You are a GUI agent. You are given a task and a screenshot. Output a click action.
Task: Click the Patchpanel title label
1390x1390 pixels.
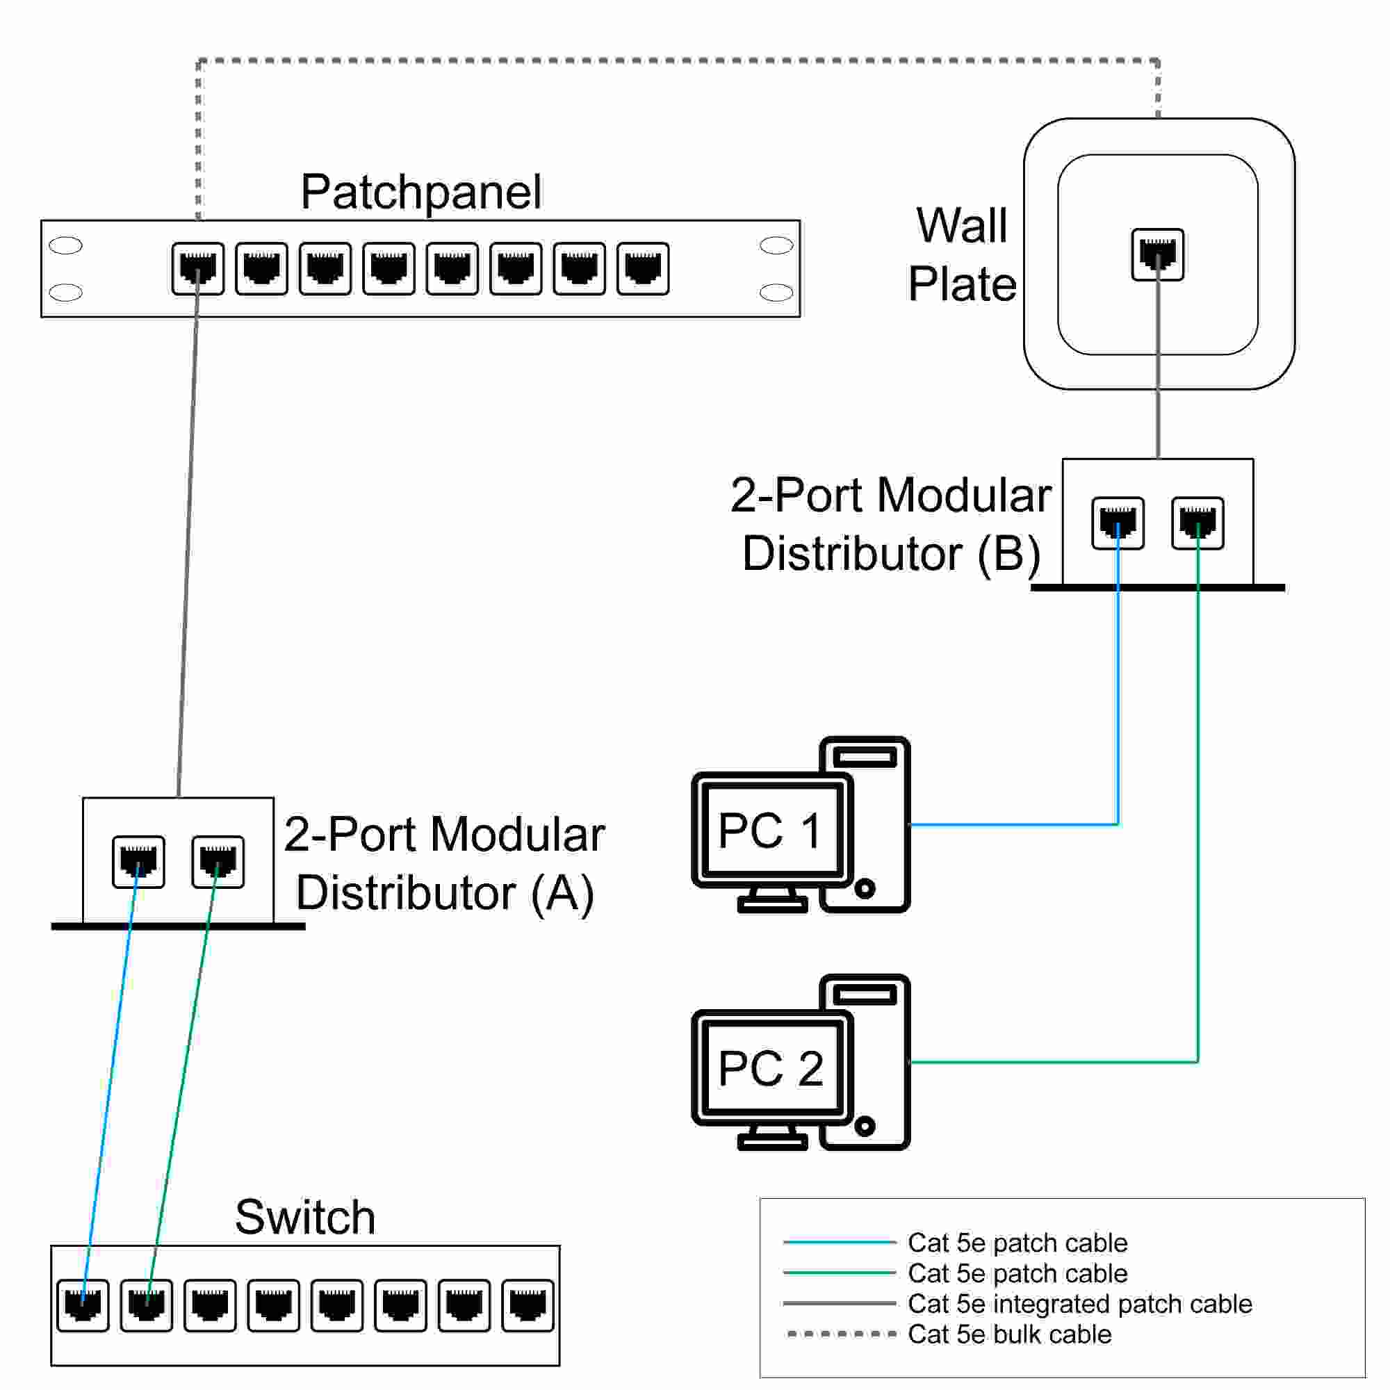421,192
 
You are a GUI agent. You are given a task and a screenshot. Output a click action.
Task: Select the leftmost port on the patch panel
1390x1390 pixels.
198,269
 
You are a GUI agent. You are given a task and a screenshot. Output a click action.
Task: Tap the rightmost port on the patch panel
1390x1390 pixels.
642,269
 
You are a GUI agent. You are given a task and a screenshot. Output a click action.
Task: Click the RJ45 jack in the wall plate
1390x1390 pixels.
1158,254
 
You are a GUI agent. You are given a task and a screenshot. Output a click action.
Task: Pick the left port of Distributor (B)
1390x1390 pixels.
1118,523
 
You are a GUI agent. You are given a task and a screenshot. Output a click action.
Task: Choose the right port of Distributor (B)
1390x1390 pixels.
1197,523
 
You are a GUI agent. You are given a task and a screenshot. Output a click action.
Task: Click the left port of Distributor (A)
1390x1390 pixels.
139,862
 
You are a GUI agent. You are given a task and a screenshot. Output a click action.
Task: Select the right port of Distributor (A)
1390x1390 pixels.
218,862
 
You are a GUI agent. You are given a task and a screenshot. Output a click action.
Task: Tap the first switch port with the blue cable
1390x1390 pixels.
83,1305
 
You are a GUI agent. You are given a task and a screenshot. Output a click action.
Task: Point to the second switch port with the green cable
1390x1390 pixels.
147,1305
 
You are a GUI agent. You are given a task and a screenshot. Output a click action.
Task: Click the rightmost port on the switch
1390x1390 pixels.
528,1305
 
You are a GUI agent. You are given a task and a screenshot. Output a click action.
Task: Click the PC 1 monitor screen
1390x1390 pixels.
771,830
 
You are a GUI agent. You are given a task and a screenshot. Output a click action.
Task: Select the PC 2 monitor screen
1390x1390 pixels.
771,1068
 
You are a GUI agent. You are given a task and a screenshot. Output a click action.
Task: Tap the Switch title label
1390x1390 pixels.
305,1218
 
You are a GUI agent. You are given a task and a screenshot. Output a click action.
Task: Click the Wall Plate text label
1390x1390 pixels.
962,254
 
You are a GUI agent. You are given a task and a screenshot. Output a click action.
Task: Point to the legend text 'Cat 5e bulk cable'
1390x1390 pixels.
1009,1334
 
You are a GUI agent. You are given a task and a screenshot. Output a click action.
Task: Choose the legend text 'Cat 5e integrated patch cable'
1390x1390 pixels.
1079,1303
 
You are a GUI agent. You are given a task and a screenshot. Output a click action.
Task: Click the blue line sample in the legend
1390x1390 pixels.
839,1242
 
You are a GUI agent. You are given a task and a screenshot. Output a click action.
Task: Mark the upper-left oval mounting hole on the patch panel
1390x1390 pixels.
65,245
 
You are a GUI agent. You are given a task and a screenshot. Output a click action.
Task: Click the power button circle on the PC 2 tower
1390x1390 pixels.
865,1126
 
